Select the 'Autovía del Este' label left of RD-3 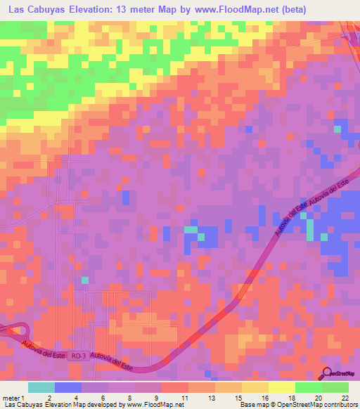pyautogui.click(x=43, y=349)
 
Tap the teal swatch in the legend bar pyautogui.click(x=41, y=387)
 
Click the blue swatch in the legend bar pyautogui.click(x=68, y=387)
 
